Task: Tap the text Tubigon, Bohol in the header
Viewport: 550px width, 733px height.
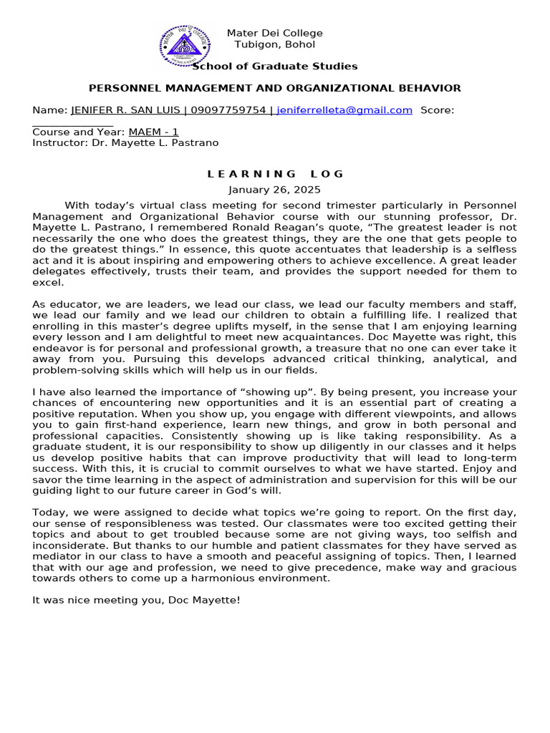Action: point(274,44)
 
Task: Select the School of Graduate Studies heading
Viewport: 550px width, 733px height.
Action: point(275,67)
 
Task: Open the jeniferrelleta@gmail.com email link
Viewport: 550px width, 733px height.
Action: point(344,110)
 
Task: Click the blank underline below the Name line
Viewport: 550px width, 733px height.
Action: point(72,123)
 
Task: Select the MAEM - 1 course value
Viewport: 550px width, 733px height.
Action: point(153,132)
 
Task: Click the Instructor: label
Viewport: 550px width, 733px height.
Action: point(60,142)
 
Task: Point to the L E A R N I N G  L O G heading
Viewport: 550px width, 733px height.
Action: point(275,174)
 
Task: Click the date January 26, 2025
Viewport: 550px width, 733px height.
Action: point(275,190)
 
